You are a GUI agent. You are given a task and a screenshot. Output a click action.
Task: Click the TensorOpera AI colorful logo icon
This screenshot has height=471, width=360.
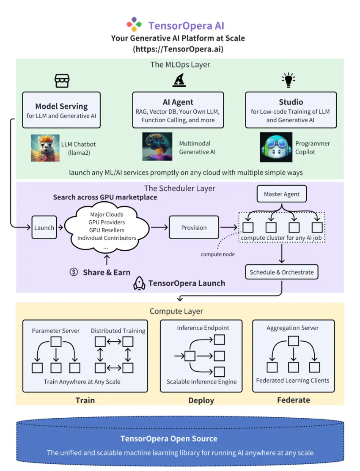(x=134, y=25)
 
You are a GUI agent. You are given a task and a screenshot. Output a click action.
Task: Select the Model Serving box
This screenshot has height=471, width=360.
(x=61, y=110)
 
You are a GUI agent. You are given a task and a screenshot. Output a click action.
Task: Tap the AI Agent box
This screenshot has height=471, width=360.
(x=178, y=110)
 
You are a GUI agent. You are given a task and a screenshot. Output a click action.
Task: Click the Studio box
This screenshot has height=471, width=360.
(x=291, y=110)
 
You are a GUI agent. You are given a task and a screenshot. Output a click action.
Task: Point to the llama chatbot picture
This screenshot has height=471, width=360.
(x=45, y=148)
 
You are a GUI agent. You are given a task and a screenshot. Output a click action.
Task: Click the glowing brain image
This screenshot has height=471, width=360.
(x=157, y=147)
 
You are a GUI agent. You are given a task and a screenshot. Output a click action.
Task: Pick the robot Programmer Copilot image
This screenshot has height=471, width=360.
(x=276, y=147)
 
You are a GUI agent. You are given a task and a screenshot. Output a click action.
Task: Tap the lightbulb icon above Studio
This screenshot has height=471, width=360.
(x=289, y=80)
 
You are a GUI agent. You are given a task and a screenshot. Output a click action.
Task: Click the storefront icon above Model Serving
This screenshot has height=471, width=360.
(x=62, y=80)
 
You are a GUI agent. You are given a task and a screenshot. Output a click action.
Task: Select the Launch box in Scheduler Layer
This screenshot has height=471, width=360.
(x=44, y=227)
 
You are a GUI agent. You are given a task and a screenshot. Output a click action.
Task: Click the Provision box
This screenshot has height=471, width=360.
(x=194, y=227)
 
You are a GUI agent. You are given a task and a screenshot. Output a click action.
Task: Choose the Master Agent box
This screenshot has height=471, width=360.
(x=282, y=194)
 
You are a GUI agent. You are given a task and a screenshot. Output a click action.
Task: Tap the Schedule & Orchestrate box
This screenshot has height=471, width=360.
(x=282, y=272)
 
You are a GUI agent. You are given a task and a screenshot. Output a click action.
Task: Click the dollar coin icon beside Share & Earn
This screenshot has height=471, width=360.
(x=74, y=272)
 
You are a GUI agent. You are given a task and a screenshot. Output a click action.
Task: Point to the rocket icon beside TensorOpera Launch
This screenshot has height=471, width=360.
(x=139, y=283)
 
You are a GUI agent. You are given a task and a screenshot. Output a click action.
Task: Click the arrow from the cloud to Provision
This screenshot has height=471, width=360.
(x=159, y=227)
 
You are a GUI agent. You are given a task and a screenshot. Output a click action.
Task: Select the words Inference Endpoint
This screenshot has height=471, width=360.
(x=203, y=328)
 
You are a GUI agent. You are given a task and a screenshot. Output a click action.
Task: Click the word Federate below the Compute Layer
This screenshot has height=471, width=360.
(x=293, y=400)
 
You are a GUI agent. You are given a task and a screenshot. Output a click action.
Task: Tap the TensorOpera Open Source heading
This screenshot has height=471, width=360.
(x=169, y=438)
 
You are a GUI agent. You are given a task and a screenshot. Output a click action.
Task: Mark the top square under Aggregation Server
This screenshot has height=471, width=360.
(x=293, y=341)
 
